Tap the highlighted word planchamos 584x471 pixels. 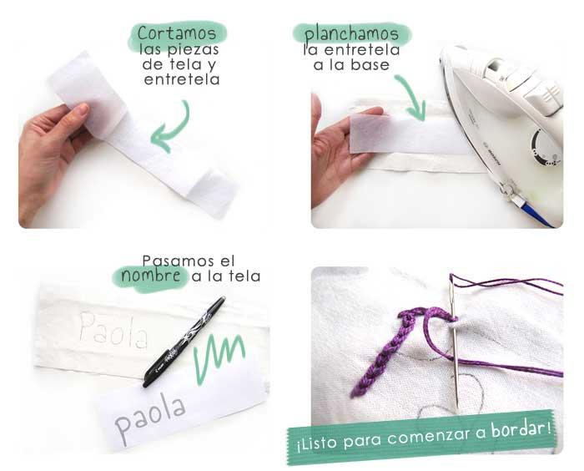pyautogui.click(x=350, y=34)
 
